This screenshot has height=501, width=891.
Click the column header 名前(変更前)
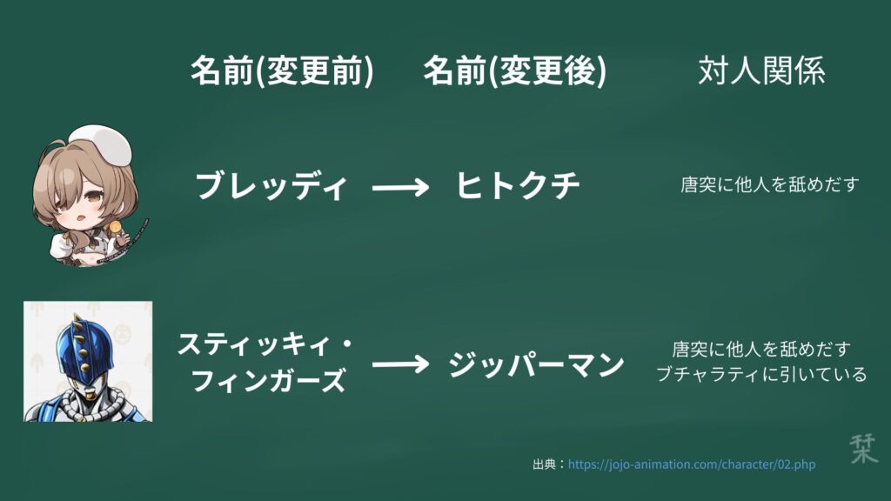click(282, 71)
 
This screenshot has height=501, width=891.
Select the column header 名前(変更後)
click(515, 71)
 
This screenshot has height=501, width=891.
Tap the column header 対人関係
click(761, 71)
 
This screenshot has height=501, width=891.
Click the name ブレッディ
click(271, 186)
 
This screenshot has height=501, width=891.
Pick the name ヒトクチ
click(518, 186)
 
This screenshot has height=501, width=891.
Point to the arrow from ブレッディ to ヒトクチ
click(400, 187)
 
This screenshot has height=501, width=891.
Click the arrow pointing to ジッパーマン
click(400, 364)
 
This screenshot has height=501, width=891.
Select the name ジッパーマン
click(536, 364)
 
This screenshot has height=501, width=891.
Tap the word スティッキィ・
click(265, 344)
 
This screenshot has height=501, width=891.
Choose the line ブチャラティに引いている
click(761, 374)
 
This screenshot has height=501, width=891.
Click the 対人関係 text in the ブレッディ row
click(770, 184)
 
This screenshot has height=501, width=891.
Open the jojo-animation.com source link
click(692, 464)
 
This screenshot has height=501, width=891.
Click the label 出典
click(545, 464)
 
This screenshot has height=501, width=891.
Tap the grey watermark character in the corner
click(864, 448)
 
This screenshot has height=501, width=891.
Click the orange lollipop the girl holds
click(116, 228)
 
